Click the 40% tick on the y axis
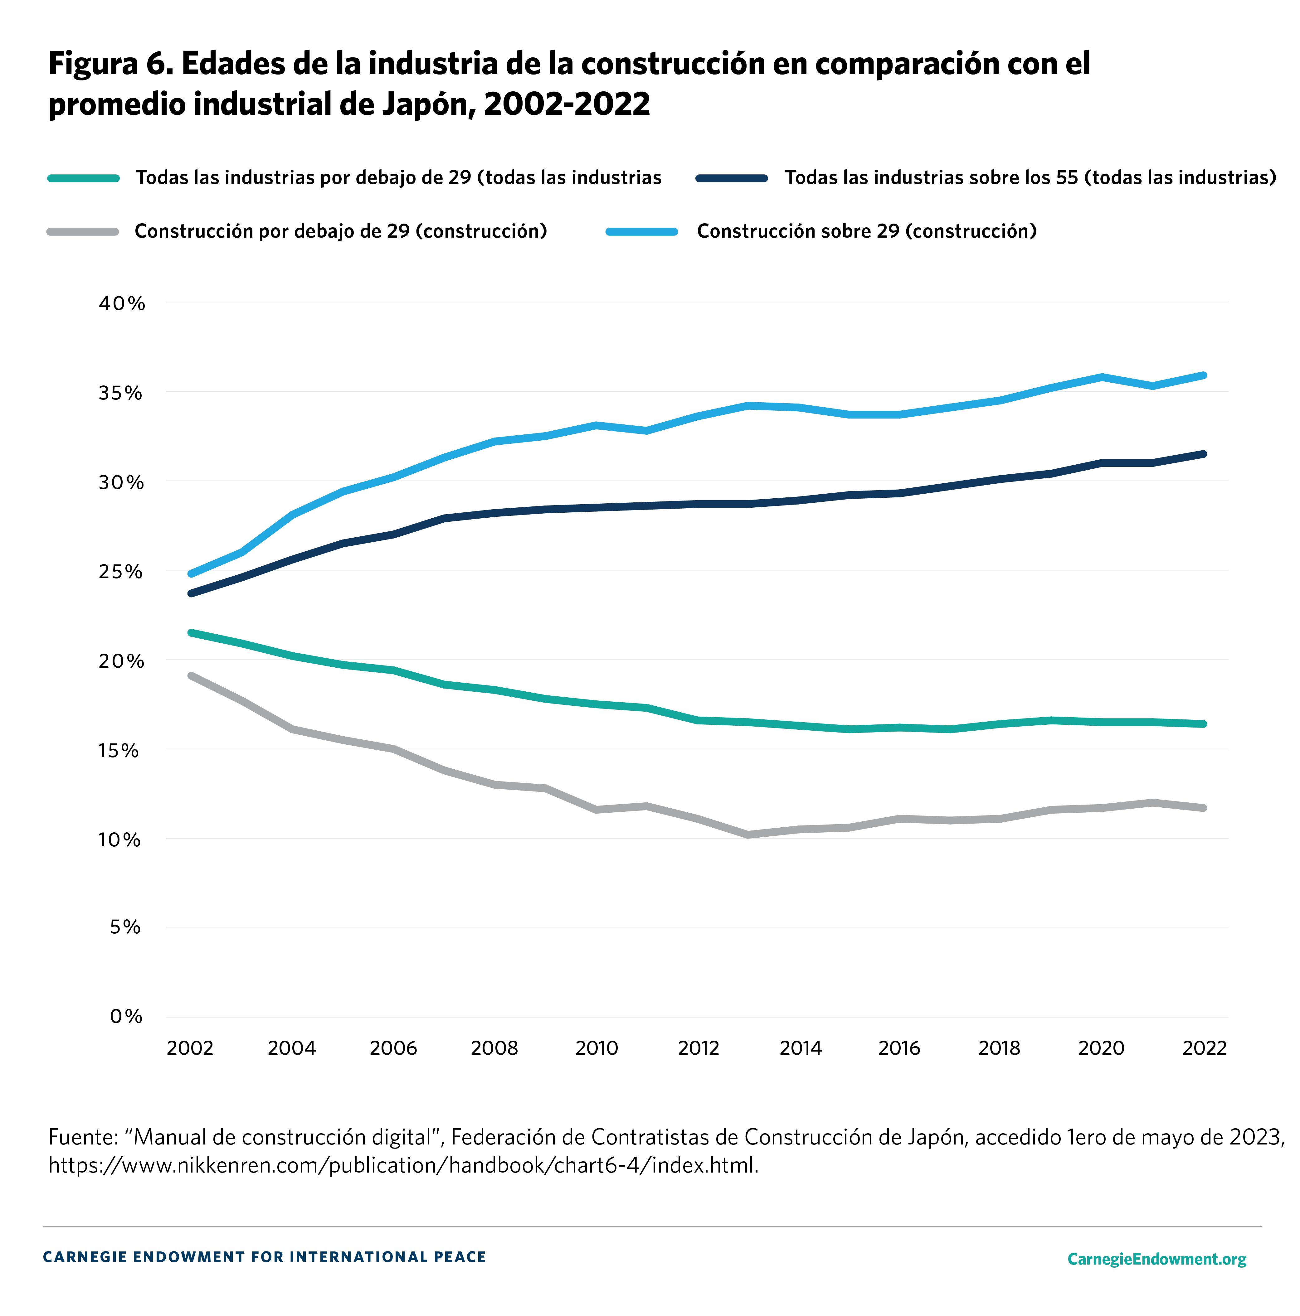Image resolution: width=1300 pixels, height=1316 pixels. (122, 304)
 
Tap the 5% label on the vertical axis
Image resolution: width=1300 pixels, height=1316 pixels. (125, 927)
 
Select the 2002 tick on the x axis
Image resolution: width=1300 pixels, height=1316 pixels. (190, 1047)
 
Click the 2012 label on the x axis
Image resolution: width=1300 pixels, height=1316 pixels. (699, 1047)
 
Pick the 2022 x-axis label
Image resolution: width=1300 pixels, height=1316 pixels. (1204, 1047)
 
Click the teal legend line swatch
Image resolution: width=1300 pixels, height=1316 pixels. (83, 178)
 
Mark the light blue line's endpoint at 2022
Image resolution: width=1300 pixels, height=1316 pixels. (1204, 375)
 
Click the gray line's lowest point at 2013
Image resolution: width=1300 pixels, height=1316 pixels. (748, 835)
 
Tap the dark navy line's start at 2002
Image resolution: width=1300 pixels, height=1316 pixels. (191, 593)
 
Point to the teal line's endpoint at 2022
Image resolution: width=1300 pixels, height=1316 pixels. (1204, 724)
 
